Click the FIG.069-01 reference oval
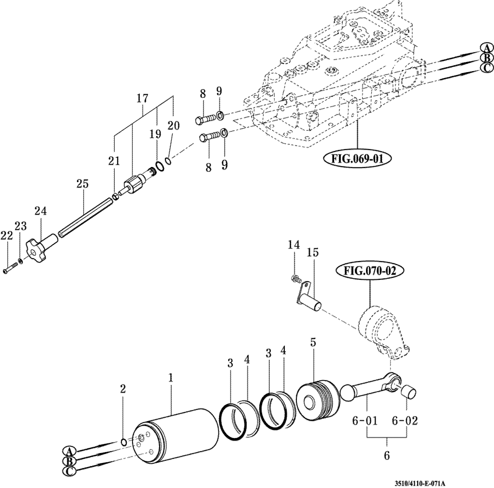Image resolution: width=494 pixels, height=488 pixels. pos(357,159)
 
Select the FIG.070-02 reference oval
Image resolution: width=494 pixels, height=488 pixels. pos(370,271)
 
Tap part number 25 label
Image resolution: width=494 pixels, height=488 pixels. pos(82,184)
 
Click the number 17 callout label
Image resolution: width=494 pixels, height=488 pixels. pos(142,99)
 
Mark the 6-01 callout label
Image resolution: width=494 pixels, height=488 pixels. pos(365,421)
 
